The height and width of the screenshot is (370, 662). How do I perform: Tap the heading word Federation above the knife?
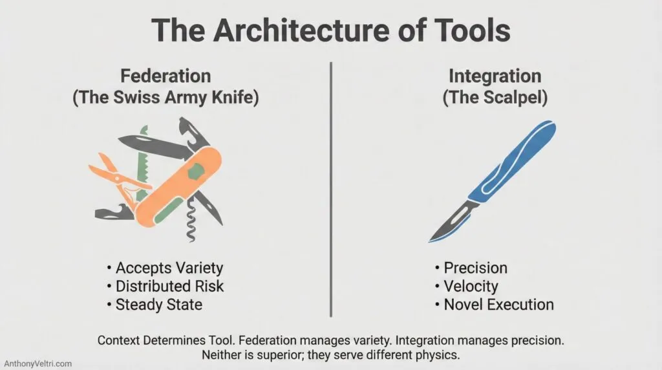(x=166, y=76)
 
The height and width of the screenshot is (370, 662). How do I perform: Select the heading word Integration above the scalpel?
(x=495, y=76)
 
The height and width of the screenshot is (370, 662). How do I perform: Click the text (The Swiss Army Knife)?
(x=166, y=99)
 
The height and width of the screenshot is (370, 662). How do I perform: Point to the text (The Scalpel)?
(x=495, y=99)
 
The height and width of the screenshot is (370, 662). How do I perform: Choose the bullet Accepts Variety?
(x=169, y=268)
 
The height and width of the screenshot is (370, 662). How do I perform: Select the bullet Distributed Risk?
(x=169, y=286)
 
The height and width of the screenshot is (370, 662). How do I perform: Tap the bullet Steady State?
(x=158, y=304)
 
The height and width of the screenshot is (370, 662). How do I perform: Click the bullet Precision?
(x=475, y=268)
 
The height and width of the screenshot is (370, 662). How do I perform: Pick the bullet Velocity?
(x=470, y=286)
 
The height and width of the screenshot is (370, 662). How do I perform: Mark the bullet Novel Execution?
(x=498, y=304)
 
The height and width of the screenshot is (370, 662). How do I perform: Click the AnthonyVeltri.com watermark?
(x=37, y=364)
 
